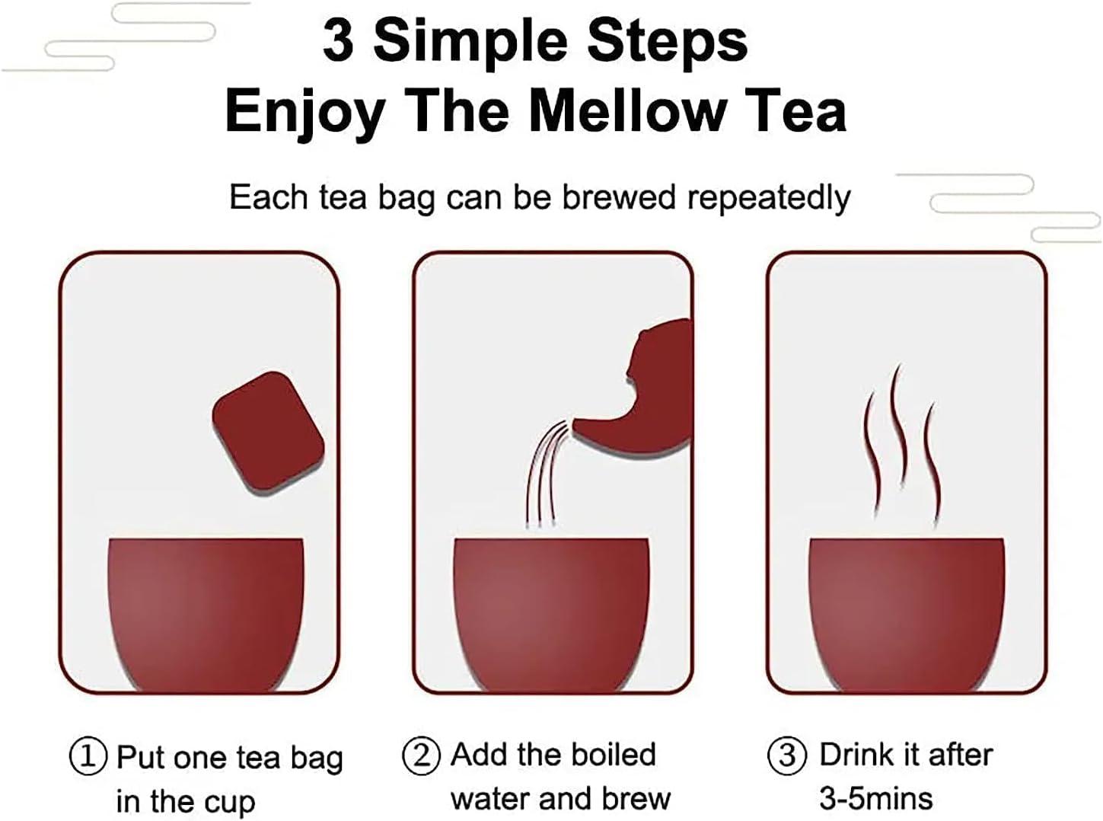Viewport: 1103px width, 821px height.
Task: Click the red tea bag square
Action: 268,432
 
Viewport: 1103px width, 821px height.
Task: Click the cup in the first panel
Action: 206,609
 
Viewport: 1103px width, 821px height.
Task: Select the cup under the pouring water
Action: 551,609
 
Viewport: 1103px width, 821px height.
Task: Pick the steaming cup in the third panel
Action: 906,609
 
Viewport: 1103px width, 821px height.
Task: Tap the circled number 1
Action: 88,757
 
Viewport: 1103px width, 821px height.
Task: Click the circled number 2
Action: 421,756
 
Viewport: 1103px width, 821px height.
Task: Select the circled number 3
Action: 787,756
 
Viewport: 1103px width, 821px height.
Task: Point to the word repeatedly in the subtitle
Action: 768,198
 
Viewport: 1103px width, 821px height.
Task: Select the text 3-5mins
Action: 875,798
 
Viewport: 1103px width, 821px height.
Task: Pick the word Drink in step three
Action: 855,755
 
